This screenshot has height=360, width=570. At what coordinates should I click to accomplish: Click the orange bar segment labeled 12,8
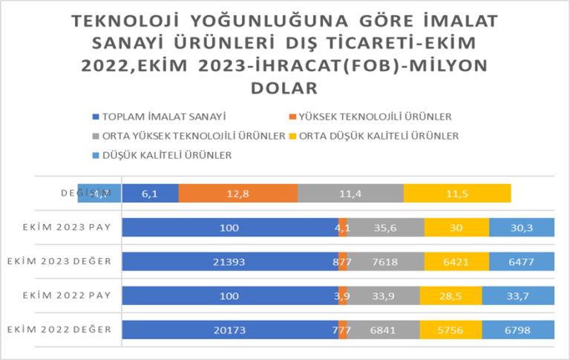click(x=237, y=193)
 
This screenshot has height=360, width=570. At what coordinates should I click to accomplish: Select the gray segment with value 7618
click(x=385, y=262)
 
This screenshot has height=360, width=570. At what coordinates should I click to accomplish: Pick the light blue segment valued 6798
click(x=517, y=330)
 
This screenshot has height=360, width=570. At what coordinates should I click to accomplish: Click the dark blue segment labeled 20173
click(x=230, y=330)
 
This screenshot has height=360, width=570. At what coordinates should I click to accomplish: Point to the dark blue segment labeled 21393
click(x=230, y=262)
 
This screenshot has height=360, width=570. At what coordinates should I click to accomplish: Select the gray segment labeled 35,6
click(x=385, y=228)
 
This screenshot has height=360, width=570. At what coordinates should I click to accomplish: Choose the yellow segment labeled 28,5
click(x=451, y=295)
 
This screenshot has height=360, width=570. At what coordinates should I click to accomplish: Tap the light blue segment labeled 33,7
click(x=517, y=295)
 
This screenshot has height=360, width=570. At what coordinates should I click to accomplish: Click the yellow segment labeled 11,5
click(x=457, y=193)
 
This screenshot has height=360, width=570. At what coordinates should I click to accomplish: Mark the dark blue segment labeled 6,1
click(x=150, y=193)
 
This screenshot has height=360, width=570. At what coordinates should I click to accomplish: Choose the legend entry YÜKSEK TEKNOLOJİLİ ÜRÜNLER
click(x=372, y=117)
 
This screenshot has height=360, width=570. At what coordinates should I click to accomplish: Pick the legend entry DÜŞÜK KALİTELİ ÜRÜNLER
click(x=168, y=155)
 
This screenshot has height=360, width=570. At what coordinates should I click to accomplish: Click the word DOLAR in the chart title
click(x=285, y=87)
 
